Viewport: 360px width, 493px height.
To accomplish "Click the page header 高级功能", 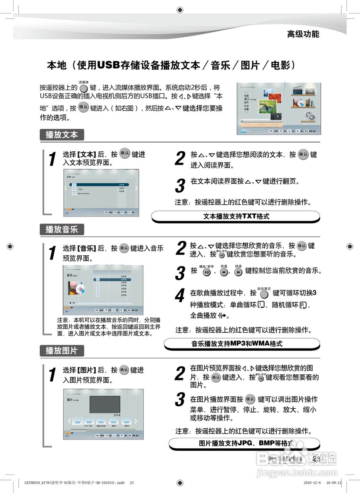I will [303, 34].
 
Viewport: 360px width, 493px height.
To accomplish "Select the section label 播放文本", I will [62, 135].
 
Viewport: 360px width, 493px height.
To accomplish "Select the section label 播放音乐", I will [62, 230].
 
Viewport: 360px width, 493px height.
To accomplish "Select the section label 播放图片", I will [62, 350].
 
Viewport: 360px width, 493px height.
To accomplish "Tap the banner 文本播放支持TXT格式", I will [236, 216].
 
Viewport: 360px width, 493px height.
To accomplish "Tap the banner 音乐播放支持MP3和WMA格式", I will [242, 344].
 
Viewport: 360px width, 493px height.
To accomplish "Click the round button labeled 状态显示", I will [264, 294].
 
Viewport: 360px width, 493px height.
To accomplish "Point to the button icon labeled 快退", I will [224, 272].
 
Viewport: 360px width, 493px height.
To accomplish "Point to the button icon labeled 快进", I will [238, 272].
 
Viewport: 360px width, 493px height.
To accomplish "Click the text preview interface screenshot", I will [101, 193].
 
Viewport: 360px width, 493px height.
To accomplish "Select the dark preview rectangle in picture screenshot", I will [105, 404].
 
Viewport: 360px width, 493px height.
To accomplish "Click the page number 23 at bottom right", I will [316, 459].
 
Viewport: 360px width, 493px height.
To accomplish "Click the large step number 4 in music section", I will [180, 296].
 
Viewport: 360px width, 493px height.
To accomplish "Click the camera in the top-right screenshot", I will [276, 116].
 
